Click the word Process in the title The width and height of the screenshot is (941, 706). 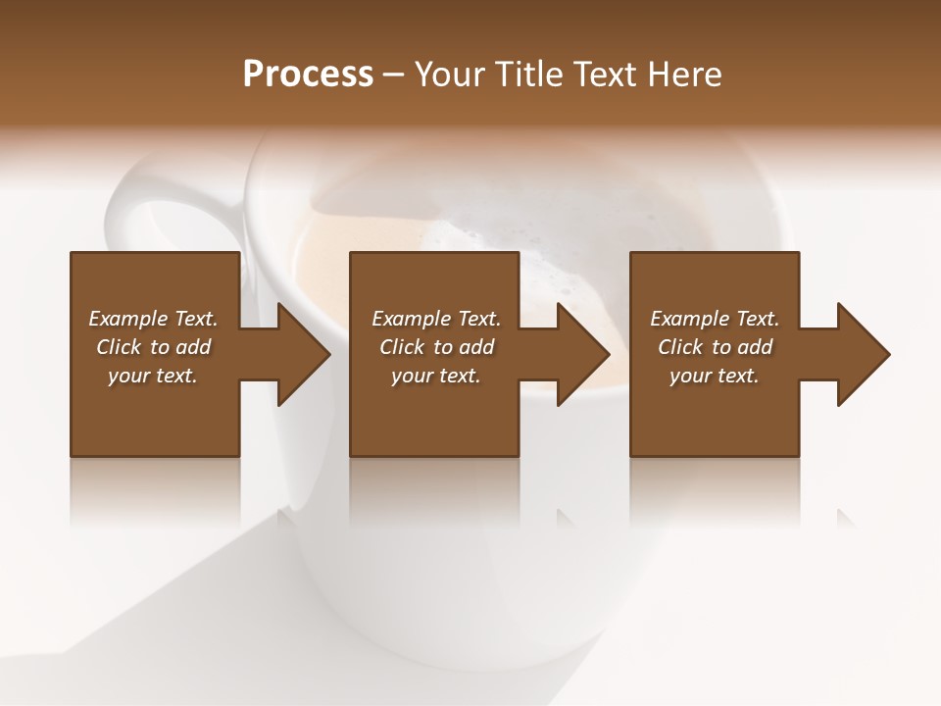tap(308, 75)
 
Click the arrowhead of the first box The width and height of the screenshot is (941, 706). tap(304, 354)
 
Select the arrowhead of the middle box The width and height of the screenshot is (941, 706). tap(583, 354)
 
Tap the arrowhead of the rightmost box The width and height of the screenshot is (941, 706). tap(864, 354)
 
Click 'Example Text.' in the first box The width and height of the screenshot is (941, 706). tap(153, 319)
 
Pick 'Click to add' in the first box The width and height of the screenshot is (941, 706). tap(153, 347)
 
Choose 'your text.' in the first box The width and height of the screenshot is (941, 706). tap(153, 376)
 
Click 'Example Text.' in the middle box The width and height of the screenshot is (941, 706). tap(436, 319)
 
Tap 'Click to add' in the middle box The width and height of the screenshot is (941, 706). tap(436, 347)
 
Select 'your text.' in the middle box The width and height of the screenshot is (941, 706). tap(436, 376)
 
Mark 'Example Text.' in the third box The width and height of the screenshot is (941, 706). tap(715, 319)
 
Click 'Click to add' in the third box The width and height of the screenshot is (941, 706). tap(715, 347)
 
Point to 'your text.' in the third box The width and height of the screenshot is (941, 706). tap(715, 376)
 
